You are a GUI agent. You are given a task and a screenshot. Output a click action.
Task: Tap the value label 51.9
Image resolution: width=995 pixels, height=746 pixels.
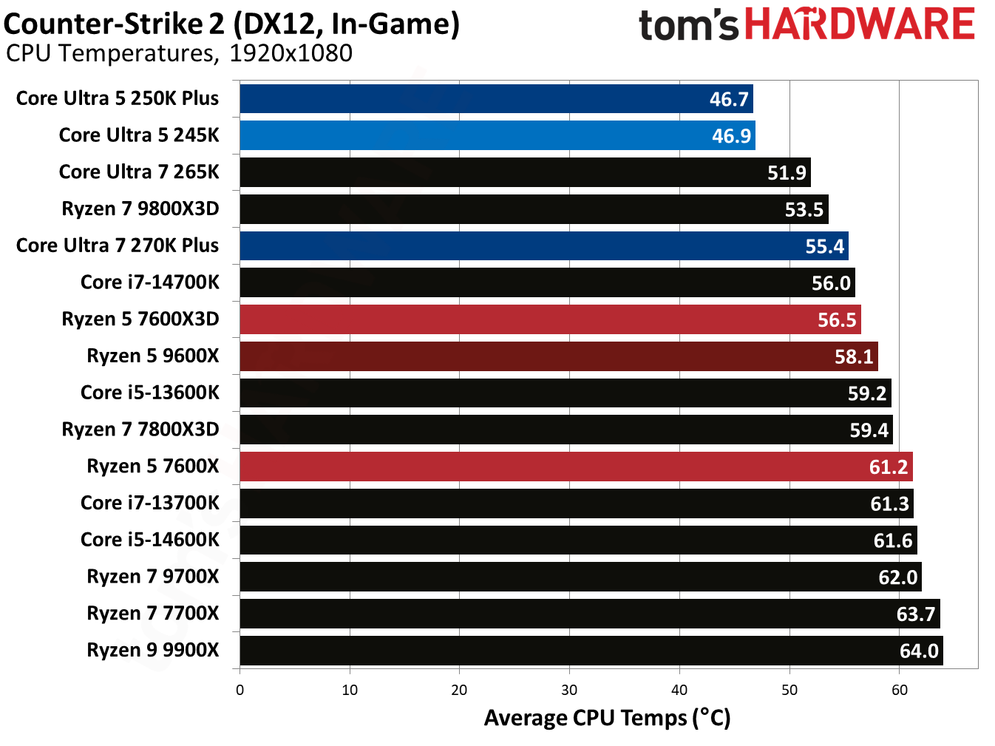point(787,173)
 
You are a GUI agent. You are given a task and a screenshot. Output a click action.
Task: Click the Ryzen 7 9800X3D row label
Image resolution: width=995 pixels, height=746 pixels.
point(140,208)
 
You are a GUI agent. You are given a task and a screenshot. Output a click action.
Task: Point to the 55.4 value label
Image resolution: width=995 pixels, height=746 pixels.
point(824,246)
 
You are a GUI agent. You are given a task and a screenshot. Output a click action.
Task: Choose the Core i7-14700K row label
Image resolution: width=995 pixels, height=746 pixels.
point(149,282)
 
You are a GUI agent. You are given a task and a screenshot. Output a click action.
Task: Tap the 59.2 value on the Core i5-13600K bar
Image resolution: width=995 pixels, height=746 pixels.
point(866,393)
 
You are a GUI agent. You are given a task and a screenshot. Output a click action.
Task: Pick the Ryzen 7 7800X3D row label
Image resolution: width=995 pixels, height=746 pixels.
point(140,430)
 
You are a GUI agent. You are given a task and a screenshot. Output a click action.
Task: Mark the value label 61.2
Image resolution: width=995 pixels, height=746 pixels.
point(888,467)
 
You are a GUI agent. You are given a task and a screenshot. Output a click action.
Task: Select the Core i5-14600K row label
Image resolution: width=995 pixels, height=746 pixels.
point(149,540)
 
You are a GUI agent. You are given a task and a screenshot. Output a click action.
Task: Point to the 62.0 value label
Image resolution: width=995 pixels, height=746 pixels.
point(897,577)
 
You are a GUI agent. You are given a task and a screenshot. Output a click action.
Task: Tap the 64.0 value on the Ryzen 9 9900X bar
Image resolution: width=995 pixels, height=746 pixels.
point(919,651)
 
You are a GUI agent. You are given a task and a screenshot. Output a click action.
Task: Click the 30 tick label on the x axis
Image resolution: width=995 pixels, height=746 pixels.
point(569,690)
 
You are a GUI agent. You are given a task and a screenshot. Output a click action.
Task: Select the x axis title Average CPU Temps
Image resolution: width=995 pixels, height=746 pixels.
point(607,718)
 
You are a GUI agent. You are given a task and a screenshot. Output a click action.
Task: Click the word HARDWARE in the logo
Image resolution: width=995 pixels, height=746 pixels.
point(859,24)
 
